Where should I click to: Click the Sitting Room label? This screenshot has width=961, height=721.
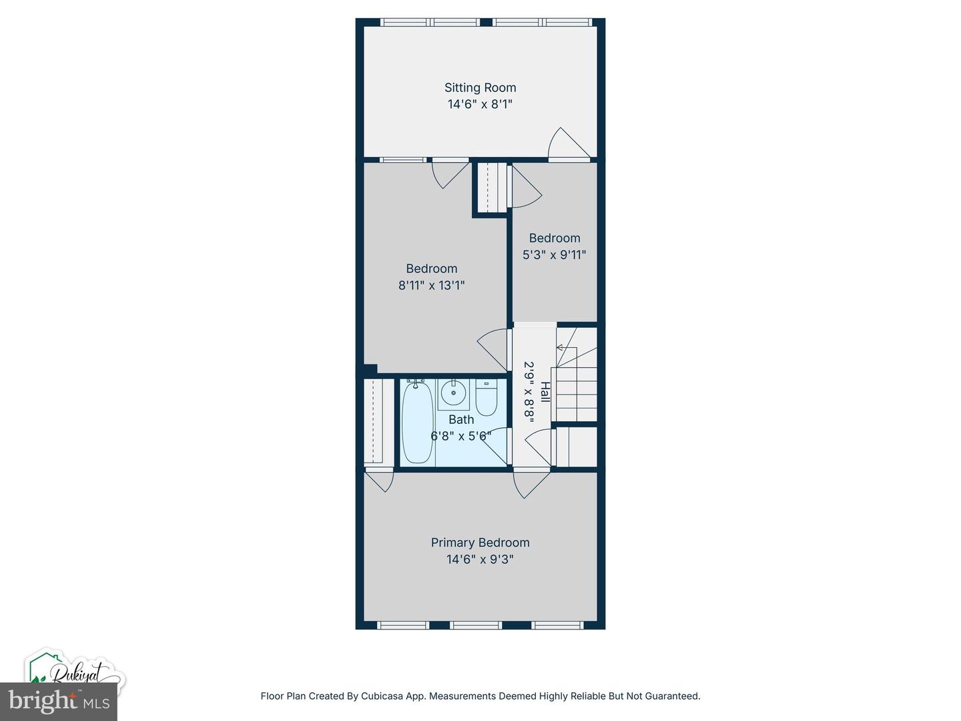(x=480, y=87)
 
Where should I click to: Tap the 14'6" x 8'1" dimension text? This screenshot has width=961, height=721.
(x=480, y=104)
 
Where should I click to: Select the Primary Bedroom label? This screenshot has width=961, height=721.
(x=480, y=542)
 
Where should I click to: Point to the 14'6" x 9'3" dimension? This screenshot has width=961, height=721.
(x=480, y=559)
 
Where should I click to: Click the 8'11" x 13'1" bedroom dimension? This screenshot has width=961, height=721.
(x=431, y=285)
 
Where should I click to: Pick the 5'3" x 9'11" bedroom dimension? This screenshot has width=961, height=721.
(x=555, y=254)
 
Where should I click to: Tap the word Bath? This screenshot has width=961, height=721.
(x=461, y=419)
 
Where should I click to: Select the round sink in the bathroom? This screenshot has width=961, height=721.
(x=453, y=394)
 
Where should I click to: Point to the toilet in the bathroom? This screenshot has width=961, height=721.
(x=486, y=397)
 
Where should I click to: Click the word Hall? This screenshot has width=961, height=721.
(x=545, y=392)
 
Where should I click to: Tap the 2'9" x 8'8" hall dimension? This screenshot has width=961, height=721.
(x=529, y=392)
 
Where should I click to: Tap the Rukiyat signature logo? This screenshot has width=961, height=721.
(x=75, y=674)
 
